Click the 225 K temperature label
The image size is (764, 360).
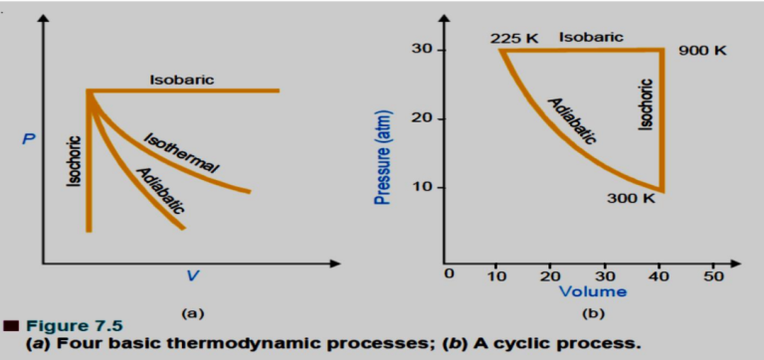(x=513, y=39)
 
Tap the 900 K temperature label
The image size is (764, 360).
(x=702, y=50)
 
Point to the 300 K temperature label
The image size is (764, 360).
(x=631, y=198)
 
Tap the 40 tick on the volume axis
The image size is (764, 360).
(x=660, y=274)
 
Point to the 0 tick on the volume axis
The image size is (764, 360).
(x=449, y=274)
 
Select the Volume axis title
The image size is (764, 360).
(x=592, y=291)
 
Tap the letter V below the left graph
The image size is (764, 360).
(x=192, y=275)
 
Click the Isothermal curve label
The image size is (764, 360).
(x=181, y=152)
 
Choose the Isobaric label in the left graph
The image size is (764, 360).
(x=181, y=79)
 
